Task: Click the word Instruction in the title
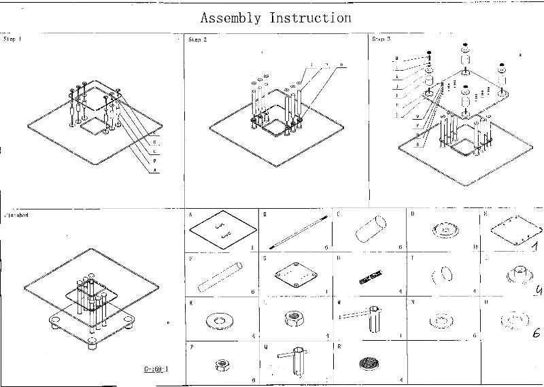pos(311,18)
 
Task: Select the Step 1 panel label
pos(13,40)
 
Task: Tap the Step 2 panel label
pos(197,40)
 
